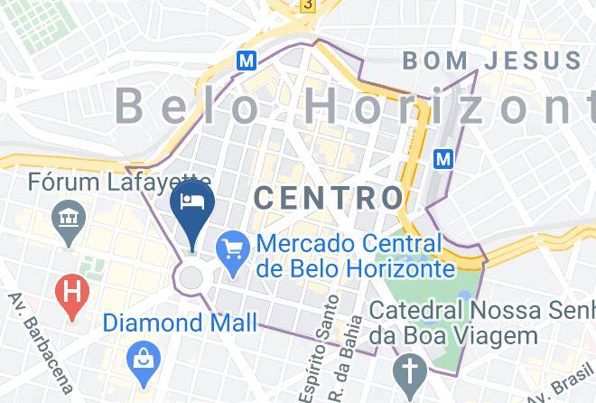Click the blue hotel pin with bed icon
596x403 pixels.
click(191, 203)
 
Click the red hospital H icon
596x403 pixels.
click(70, 292)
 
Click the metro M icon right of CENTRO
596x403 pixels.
click(443, 159)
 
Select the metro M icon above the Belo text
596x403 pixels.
click(245, 61)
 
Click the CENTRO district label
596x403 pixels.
click(328, 198)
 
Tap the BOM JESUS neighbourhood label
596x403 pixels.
click(491, 61)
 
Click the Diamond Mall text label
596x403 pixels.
click(179, 323)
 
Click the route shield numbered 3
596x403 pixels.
click(308, 5)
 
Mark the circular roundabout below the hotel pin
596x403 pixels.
click(191, 276)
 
